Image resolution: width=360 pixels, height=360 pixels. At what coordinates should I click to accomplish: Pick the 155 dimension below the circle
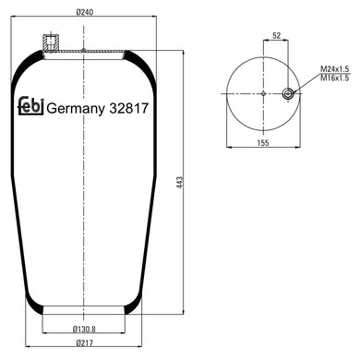click(x=262, y=143)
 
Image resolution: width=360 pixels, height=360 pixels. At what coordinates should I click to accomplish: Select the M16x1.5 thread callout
click(x=334, y=78)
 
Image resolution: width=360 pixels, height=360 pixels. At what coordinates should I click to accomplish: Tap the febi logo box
click(x=29, y=107)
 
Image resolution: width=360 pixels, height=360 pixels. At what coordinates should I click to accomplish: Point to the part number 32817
click(x=126, y=108)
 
